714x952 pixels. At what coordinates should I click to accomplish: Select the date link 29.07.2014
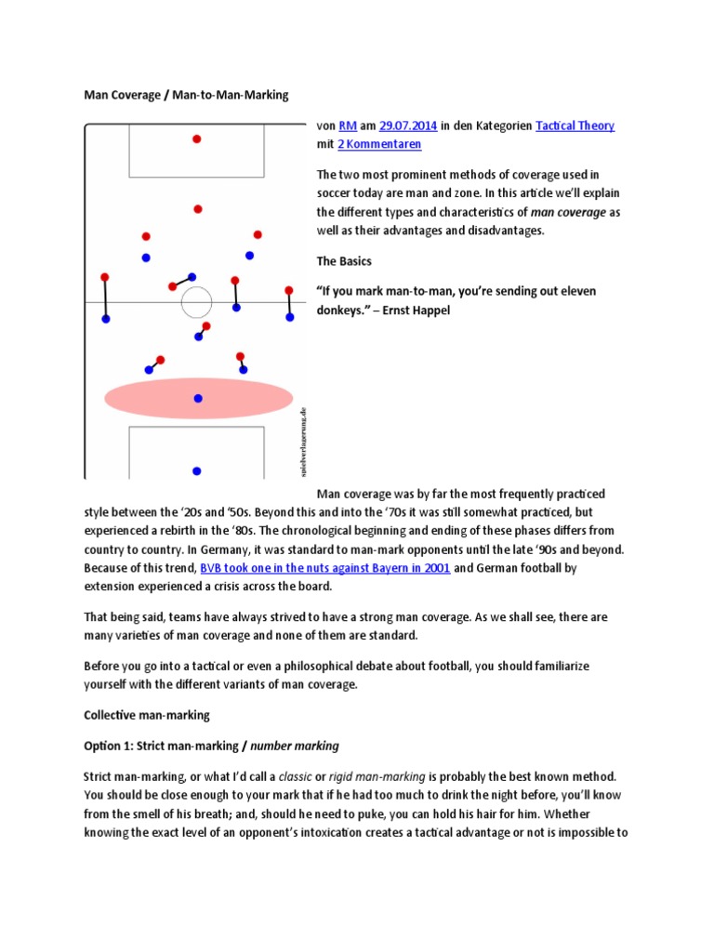408,126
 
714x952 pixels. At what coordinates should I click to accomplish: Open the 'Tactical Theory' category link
575,126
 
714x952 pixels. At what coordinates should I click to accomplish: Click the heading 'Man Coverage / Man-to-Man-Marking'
186,95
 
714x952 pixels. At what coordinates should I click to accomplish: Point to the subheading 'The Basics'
344,261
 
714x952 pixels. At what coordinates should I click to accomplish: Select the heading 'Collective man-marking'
147,715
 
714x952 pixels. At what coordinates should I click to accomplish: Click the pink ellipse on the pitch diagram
149,398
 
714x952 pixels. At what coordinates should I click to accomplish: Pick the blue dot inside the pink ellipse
197,398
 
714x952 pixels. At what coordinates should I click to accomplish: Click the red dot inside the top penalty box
196,139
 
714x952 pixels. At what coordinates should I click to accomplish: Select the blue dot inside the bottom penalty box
196,470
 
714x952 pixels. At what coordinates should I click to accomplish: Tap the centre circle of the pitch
196,302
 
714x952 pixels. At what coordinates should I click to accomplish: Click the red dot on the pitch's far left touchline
104,277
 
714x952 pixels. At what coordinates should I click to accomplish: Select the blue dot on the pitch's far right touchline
289,317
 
